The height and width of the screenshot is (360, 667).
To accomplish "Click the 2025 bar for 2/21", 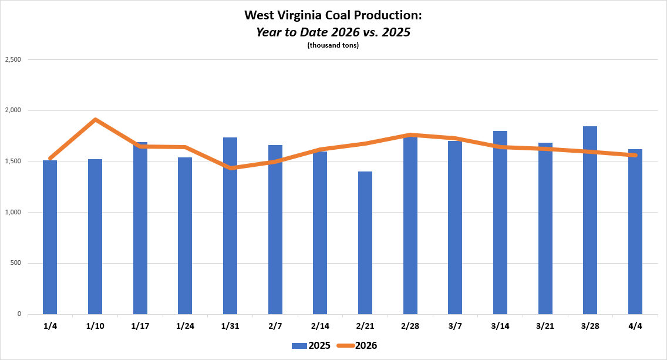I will point(365,243).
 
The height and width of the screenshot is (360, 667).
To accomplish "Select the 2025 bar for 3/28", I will point(590,220).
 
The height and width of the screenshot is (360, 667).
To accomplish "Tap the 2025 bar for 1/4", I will point(50,237).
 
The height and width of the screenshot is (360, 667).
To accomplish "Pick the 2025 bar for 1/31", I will point(230,226).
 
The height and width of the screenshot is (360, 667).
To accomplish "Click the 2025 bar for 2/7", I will point(275,230).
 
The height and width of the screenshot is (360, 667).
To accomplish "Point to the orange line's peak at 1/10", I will point(95,120).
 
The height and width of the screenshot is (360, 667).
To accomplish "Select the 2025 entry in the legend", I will point(311,345).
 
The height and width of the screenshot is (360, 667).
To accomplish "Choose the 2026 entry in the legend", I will point(358,345).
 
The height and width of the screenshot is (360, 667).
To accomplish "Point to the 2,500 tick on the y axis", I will point(13,59).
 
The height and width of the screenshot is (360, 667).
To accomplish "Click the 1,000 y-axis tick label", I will point(13,212).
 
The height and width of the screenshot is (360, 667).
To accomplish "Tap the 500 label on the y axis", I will point(16,263).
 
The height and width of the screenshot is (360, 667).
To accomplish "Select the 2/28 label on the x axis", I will point(410,326).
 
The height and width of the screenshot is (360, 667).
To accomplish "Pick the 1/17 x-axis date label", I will point(140,326).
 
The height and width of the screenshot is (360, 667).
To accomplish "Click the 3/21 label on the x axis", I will point(545,326).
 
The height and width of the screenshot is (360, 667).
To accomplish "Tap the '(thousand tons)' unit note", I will point(333,46).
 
